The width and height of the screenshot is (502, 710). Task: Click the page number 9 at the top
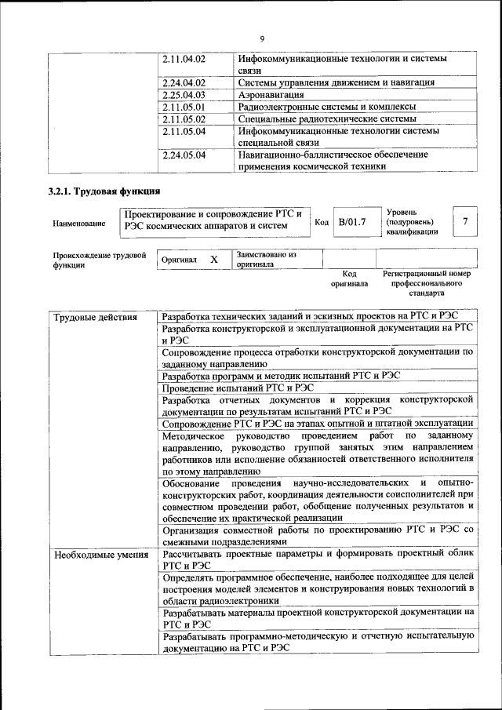tap(262, 39)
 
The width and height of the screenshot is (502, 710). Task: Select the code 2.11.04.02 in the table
tap(184, 59)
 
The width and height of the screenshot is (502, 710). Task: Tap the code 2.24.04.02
tap(184, 82)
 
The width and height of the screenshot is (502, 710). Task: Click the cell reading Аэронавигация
tap(271, 94)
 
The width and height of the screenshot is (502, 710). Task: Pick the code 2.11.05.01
tap(184, 107)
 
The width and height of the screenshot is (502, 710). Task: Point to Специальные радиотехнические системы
tap(327, 118)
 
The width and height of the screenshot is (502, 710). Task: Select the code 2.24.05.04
tap(184, 155)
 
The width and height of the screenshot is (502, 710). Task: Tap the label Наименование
tap(79, 224)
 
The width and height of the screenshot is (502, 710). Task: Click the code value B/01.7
tap(352, 223)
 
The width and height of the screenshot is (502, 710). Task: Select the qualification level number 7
tap(465, 222)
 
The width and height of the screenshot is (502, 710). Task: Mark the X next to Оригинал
tap(213, 259)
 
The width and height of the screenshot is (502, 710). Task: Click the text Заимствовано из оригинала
tap(267, 260)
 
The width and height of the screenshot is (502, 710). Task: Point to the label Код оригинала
tap(349, 279)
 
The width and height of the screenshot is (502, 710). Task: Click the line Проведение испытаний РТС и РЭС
tap(238, 388)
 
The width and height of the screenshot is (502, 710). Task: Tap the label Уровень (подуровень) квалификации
tap(413, 222)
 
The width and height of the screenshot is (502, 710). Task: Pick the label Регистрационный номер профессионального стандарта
tap(427, 283)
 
